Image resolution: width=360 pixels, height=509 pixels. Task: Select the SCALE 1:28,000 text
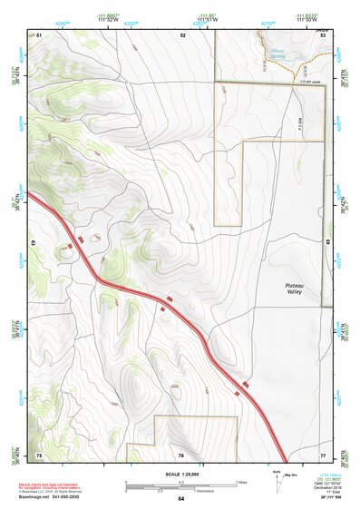pyautogui.click(x=180, y=472)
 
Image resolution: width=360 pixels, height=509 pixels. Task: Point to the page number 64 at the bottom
pyautogui.click(x=180, y=498)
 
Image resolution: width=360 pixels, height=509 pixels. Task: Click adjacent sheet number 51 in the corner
pyautogui.click(x=41, y=34)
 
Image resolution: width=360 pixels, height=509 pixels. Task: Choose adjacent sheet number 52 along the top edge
pyautogui.click(x=182, y=34)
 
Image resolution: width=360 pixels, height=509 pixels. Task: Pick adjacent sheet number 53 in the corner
pyautogui.click(x=322, y=34)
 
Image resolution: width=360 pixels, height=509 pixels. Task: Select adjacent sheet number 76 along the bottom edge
pyautogui.click(x=181, y=455)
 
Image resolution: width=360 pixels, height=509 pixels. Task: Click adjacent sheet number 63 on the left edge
pyautogui.click(x=34, y=244)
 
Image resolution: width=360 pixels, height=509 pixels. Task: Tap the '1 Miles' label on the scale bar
pyautogui.click(x=241, y=480)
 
